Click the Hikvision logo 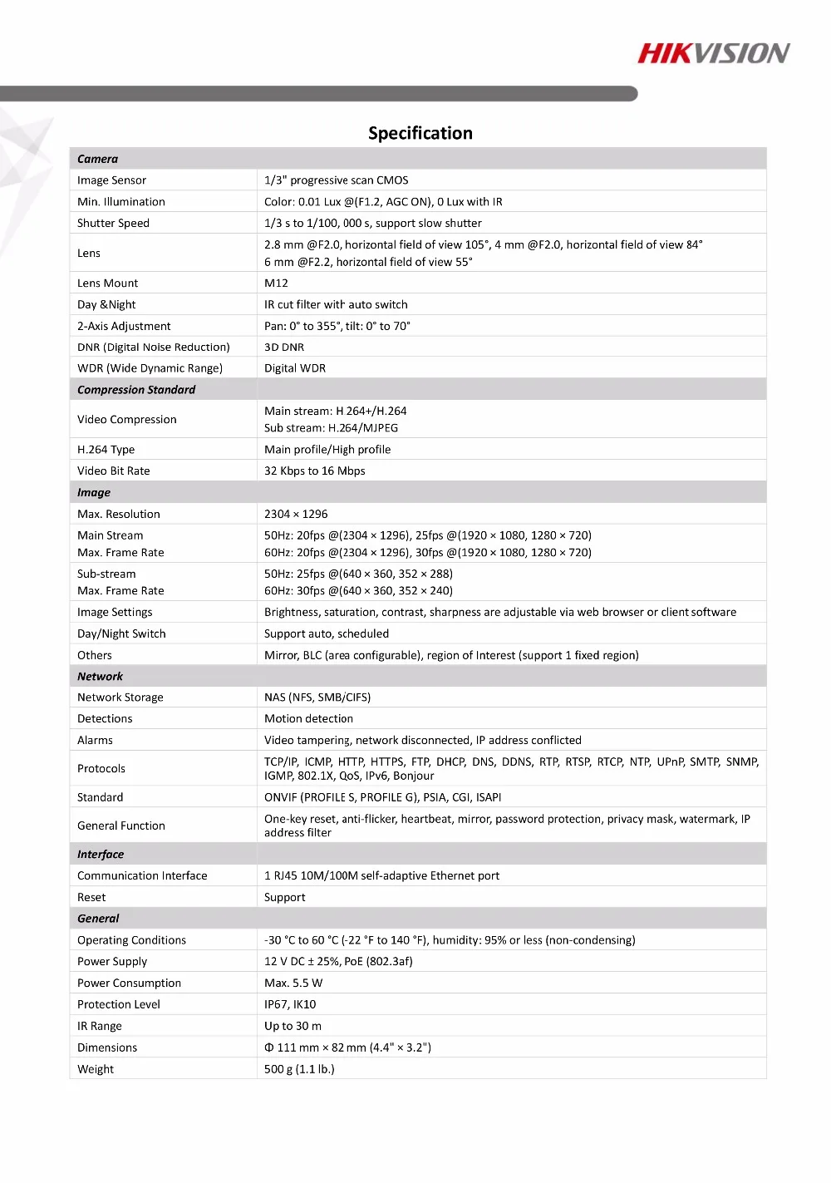point(713,54)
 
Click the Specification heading point(420,133)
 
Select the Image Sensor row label point(111,180)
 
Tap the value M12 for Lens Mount point(276,283)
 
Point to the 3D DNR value point(284,348)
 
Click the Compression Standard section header point(136,390)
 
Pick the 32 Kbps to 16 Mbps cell point(314,471)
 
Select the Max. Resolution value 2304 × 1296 point(296,515)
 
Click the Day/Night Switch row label point(121,634)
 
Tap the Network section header point(100,677)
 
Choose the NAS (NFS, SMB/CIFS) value point(317,697)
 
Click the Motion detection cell point(308,719)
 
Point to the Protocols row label point(101,769)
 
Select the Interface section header point(101,855)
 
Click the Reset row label point(91,898)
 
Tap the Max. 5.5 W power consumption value point(293,983)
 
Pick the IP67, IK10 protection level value point(290,1005)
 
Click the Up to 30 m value point(293,1027)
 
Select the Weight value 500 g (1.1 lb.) point(299,1070)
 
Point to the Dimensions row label point(107,1048)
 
